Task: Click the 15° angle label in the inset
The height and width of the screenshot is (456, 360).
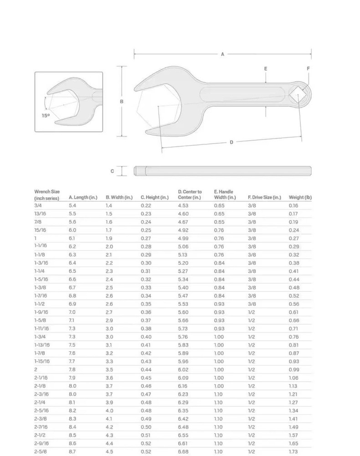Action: click(x=46, y=115)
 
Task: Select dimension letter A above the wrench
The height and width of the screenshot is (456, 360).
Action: click(x=222, y=54)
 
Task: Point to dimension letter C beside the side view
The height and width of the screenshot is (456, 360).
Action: click(x=112, y=171)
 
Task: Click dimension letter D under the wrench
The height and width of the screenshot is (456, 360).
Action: click(x=231, y=142)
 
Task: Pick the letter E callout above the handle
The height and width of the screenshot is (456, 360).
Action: click(x=266, y=69)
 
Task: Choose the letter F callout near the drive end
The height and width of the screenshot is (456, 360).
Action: click(x=308, y=68)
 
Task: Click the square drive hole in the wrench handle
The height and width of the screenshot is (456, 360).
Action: click(x=298, y=94)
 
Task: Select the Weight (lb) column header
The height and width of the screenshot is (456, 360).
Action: click(x=300, y=197)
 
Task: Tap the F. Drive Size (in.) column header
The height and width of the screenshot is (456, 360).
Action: click(x=264, y=197)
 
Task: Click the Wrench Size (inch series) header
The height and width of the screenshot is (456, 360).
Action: click(x=47, y=195)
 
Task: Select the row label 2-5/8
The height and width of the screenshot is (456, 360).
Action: click(x=40, y=451)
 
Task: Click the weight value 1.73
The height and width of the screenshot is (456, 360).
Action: click(x=293, y=451)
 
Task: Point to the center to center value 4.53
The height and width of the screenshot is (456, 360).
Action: click(x=183, y=206)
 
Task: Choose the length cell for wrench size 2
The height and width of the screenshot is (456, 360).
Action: click(x=72, y=369)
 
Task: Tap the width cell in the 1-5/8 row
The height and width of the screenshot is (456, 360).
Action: click(x=109, y=320)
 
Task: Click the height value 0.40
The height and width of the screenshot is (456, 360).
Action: click(x=146, y=337)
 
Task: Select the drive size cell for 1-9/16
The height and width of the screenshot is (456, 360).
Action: click(x=251, y=312)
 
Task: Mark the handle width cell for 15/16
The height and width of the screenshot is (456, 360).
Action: click(x=219, y=230)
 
